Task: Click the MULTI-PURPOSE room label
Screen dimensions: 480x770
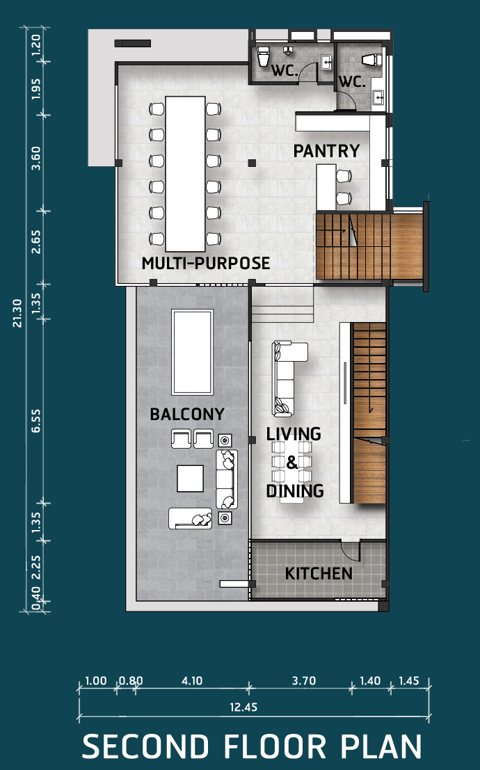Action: click(x=206, y=263)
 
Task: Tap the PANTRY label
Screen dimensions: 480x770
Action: click(x=327, y=151)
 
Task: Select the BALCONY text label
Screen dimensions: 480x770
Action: click(x=187, y=415)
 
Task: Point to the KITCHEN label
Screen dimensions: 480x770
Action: click(x=319, y=574)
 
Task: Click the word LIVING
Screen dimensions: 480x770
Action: click(x=294, y=434)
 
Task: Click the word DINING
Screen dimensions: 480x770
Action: click(x=295, y=491)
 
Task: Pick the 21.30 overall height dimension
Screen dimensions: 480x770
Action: click(x=17, y=313)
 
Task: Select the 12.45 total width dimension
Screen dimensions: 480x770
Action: click(x=243, y=707)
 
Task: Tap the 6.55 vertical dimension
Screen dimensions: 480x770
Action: click(x=36, y=421)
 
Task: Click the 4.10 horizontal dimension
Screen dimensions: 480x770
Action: click(x=192, y=681)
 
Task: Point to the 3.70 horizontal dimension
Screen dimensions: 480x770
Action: click(x=303, y=681)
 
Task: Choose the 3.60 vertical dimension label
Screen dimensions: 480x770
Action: click(x=36, y=158)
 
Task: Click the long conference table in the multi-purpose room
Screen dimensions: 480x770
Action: click(x=185, y=174)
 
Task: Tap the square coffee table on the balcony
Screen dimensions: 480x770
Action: click(x=190, y=479)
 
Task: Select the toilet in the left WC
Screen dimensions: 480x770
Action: click(x=264, y=56)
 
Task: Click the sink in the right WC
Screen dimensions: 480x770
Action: click(x=378, y=97)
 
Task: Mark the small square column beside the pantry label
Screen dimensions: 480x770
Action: click(x=252, y=163)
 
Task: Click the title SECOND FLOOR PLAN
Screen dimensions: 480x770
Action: click(x=252, y=746)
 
